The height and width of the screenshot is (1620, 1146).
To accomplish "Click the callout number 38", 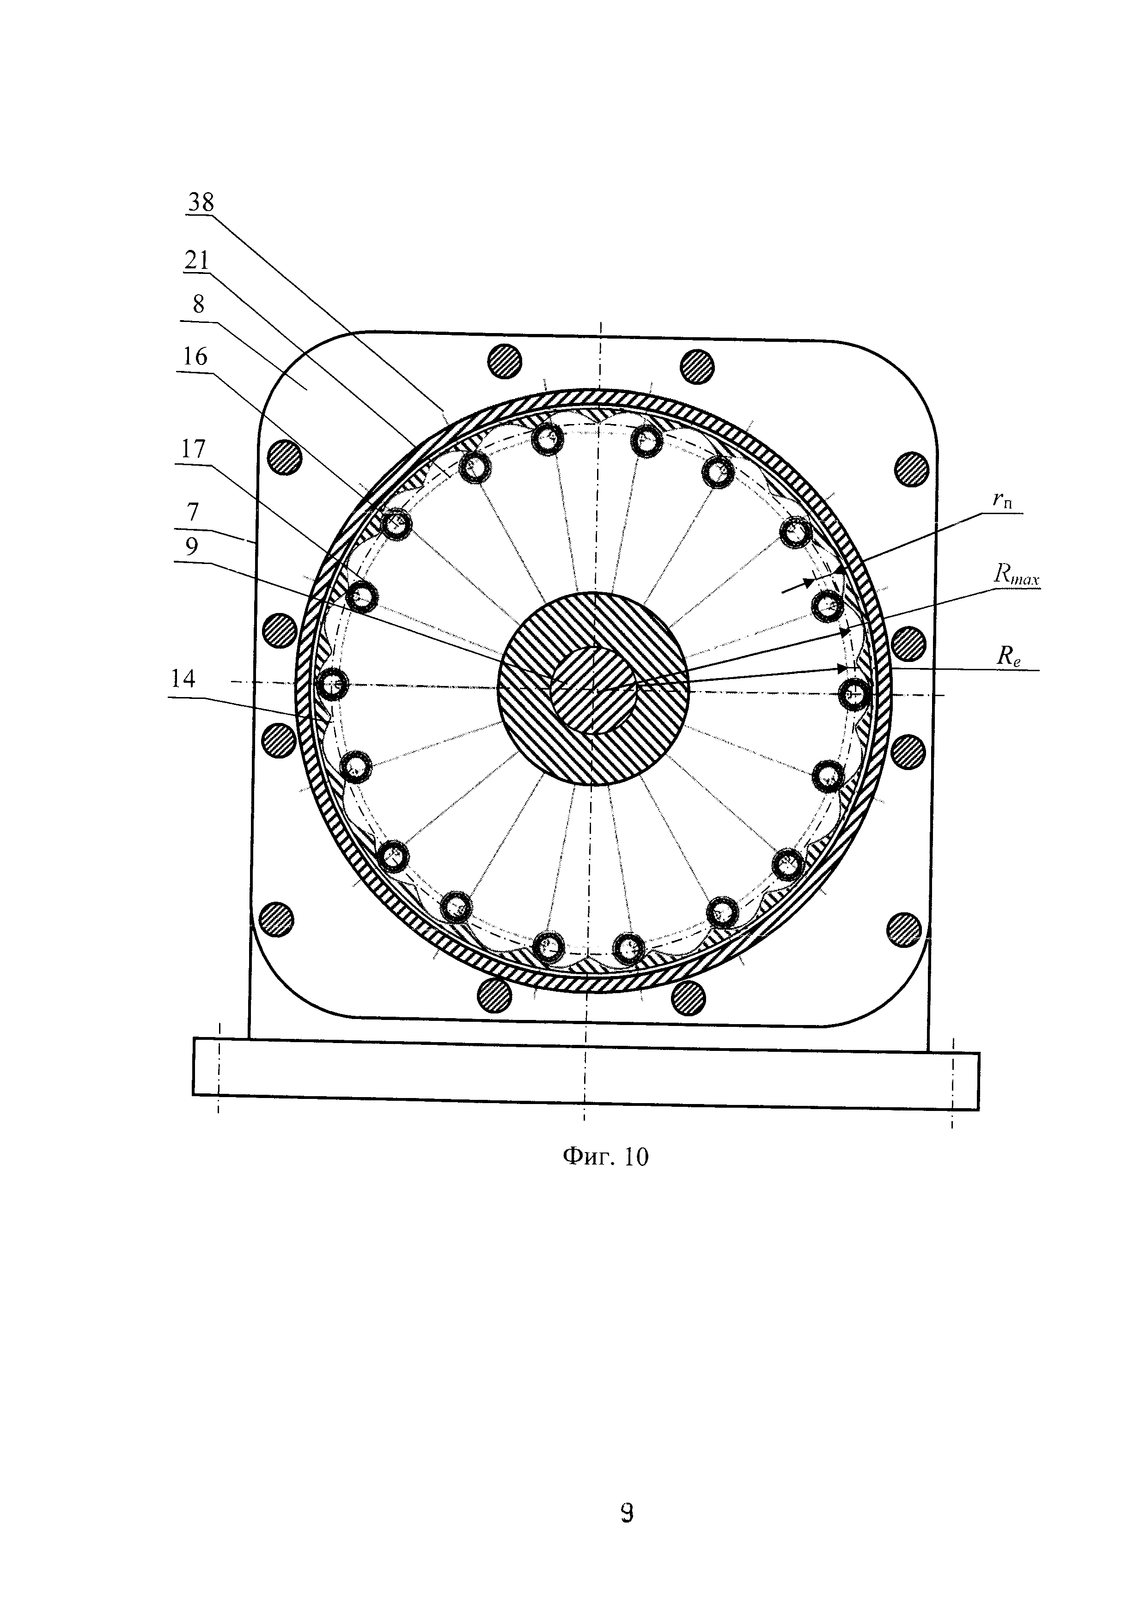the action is pos(201,202).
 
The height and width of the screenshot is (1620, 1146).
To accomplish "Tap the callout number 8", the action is pos(198,305).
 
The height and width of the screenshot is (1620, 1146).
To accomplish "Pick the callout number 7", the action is pos(193,511).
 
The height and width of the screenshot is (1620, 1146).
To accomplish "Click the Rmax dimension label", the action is pos(1016,575).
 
